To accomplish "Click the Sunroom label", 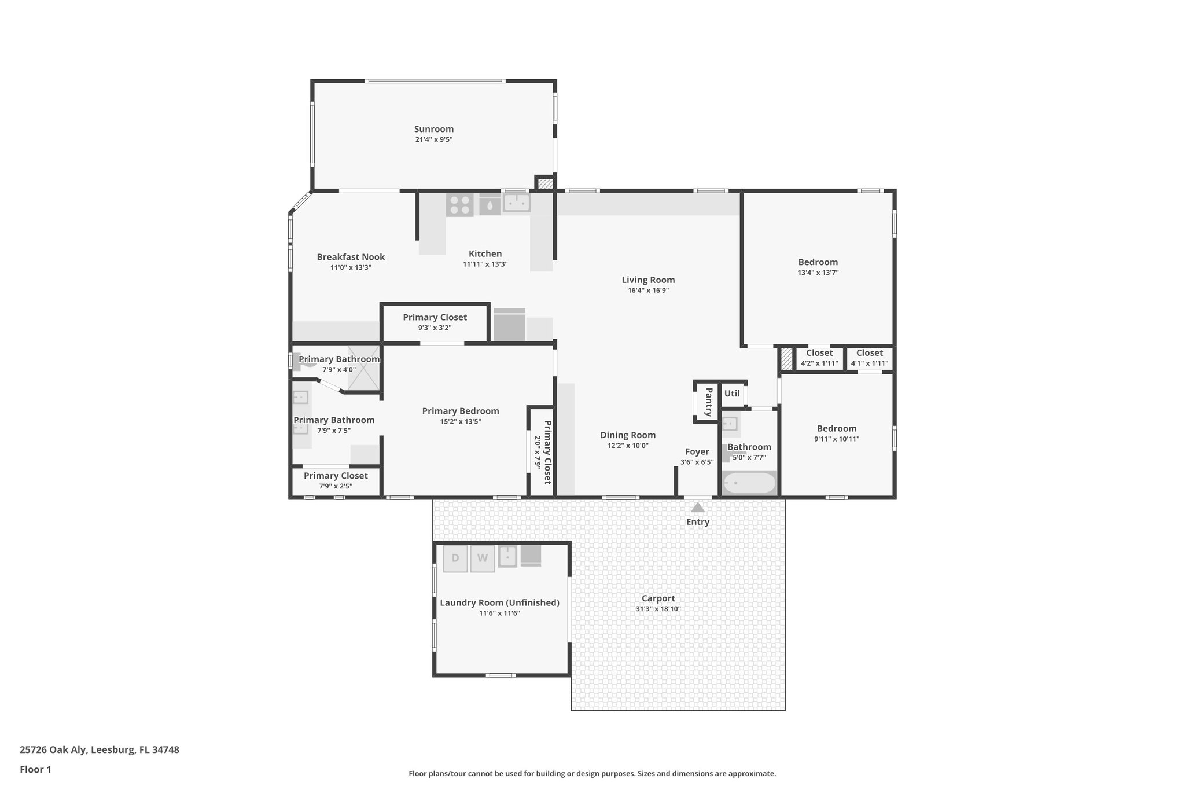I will coord(433,129).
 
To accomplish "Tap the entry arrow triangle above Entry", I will coord(698,508).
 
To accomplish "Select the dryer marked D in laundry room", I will coord(455,558).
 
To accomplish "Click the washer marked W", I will coord(483,558).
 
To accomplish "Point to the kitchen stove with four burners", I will coord(459,205).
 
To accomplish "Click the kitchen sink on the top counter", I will coord(517,203).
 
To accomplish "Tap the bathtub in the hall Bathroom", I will coord(749,483).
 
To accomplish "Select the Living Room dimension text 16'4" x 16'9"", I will coord(648,291).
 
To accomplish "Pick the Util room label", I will coord(732,394).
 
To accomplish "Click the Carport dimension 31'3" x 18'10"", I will coord(658,609).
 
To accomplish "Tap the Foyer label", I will coord(697,451).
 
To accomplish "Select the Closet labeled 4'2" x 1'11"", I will coord(819,353).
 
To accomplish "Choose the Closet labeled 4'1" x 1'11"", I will coord(869,353).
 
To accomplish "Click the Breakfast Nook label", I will coord(351,257).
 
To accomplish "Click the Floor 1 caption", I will coord(35,770).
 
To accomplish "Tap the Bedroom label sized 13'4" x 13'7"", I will coord(818,262).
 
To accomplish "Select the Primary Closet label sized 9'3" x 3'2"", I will coord(435,317).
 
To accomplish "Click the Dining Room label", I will coord(628,435).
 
